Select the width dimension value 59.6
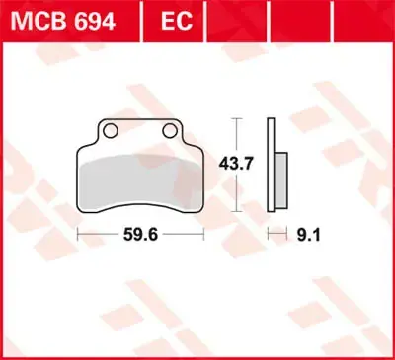click(140, 235)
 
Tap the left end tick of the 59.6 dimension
click(78, 235)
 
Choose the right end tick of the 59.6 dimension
click(203, 235)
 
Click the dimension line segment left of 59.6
click(100, 235)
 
